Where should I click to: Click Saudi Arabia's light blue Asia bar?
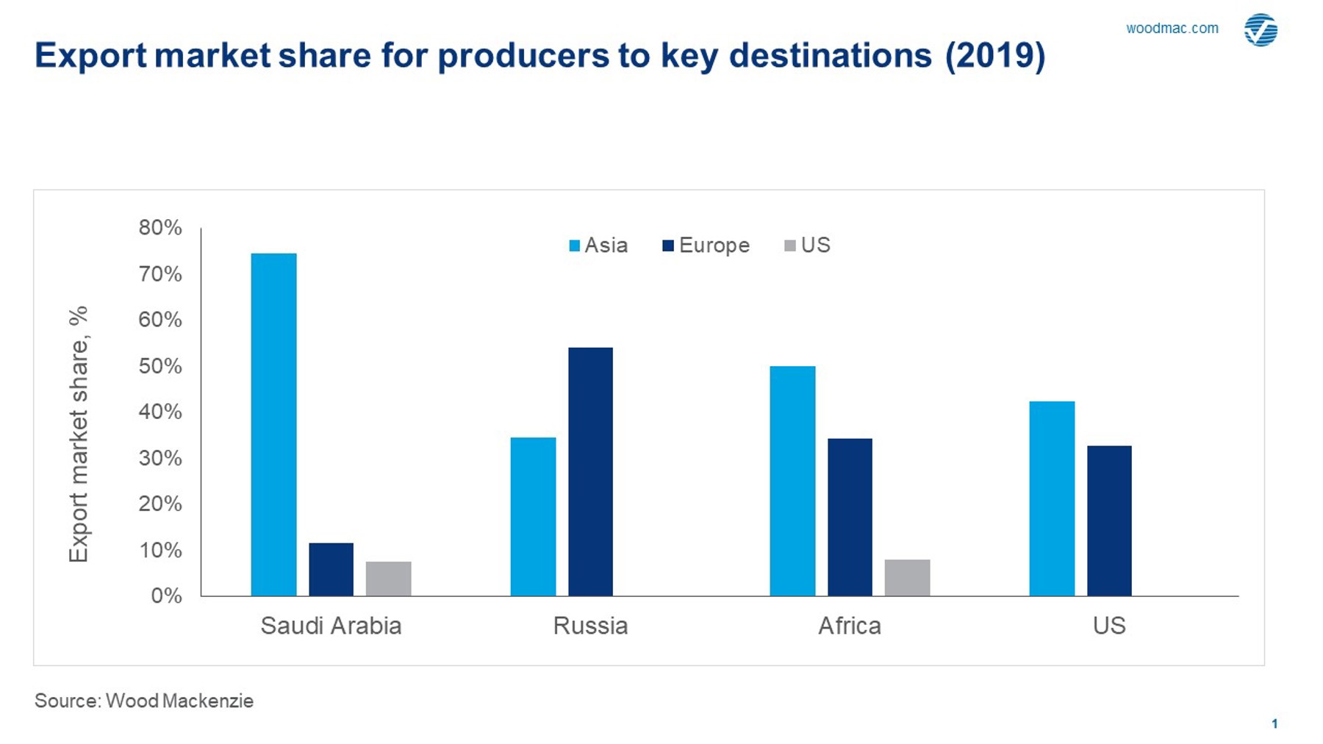click(273, 424)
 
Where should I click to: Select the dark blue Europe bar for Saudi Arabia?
click(331, 569)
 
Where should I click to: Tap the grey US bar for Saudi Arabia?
click(388, 579)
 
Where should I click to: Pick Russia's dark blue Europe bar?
click(590, 471)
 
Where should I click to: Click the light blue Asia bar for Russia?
click(533, 516)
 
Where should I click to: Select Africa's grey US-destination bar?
click(907, 577)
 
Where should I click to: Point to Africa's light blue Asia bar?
click(792, 481)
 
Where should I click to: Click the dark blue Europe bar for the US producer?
click(1109, 521)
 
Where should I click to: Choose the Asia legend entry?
click(598, 246)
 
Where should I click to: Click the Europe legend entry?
click(706, 246)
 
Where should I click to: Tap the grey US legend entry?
click(807, 246)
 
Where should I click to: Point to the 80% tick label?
click(160, 228)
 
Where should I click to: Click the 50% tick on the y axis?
click(160, 366)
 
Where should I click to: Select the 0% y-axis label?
click(166, 595)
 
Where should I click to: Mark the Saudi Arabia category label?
click(331, 626)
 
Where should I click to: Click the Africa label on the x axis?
click(850, 626)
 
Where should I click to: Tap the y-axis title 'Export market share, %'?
click(79, 434)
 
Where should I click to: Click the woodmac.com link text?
click(1172, 29)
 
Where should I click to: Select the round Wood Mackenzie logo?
click(1261, 30)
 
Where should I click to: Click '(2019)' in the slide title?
click(995, 56)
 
